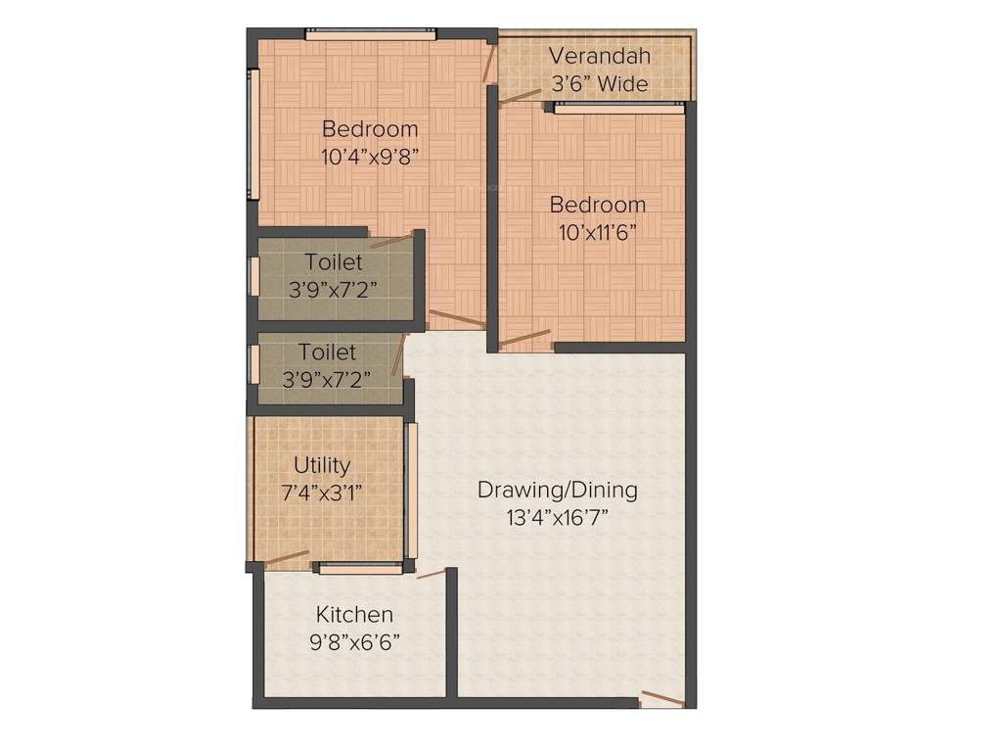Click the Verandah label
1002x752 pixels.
click(598, 55)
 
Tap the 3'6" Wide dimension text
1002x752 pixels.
click(599, 84)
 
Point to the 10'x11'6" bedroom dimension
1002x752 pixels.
click(597, 232)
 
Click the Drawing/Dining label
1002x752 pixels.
click(557, 490)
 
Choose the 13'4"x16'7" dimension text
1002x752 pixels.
click(557, 517)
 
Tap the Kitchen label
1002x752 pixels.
click(354, 615)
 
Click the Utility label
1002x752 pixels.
click(322, 465)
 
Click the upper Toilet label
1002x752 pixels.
click(333, 262)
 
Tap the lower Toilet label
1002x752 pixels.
click(327, 352)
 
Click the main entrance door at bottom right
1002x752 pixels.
click(661, 698)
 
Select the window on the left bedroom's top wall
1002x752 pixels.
click(370, 34)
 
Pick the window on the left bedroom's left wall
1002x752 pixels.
click(253, 134)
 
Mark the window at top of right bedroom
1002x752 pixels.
click(618, 108)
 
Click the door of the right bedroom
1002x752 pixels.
click(525, 339)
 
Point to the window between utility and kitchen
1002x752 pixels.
click(359, 568)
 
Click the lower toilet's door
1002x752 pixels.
click(397, 354)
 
